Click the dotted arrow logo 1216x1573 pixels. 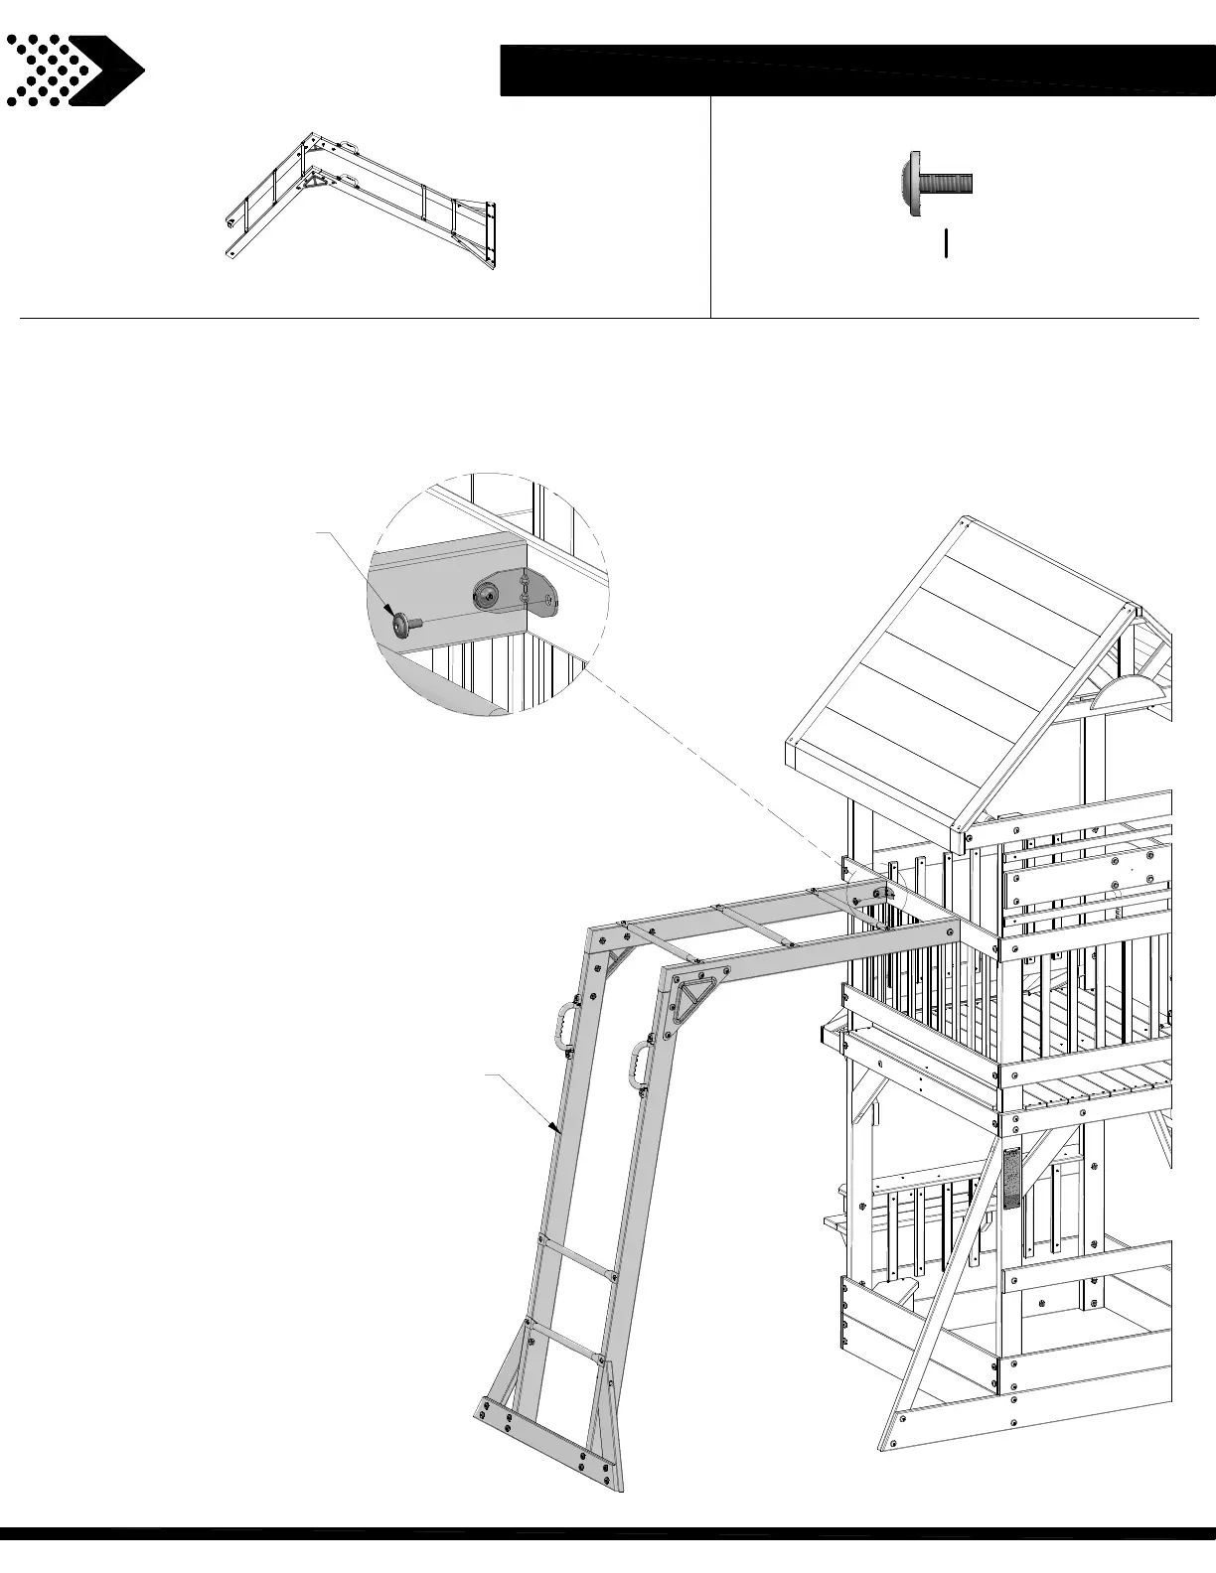[x=75, y=70]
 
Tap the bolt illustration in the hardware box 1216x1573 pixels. [x=936, y=184]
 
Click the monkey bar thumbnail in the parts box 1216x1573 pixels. [x=363, y=199]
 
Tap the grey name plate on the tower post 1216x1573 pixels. [x=1011, y=1178]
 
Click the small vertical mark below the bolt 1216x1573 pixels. [x=946, y=242]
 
